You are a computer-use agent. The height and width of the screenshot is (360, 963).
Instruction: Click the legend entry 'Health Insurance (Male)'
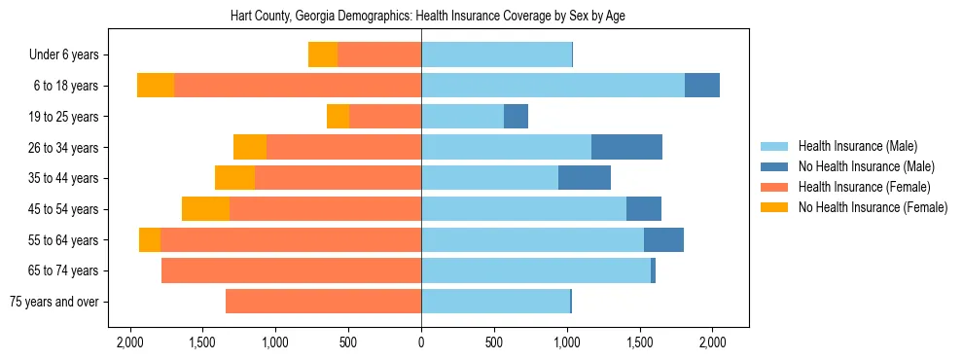click(857, 146)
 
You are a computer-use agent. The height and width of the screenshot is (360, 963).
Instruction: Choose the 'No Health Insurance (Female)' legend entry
click(873, 207)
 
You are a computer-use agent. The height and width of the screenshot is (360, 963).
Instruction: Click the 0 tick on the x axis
click(421, 342)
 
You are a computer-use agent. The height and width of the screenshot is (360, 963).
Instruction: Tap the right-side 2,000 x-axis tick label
click(712, 342)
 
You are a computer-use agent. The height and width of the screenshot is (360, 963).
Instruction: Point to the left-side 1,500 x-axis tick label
click(202, 342)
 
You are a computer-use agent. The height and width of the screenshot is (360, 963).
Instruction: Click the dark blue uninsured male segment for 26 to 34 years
click(626, 147)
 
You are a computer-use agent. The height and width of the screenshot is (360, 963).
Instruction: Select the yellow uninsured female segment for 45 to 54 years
click(205, 209)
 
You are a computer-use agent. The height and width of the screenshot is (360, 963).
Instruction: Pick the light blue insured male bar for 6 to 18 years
click(553, 86)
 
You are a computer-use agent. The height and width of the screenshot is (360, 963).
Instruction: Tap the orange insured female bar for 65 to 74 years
click(291, 270)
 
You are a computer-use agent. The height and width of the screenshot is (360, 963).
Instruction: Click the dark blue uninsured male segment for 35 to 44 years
click(584, 178)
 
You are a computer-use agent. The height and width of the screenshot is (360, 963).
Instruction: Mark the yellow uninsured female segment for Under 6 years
click(323, 54)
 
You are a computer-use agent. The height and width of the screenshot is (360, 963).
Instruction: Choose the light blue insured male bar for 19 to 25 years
click(462, 117)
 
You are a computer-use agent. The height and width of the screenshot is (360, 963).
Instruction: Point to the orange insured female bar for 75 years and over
click(323, 302)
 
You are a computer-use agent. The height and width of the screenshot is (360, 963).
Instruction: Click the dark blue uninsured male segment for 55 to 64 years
click(663, 239)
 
